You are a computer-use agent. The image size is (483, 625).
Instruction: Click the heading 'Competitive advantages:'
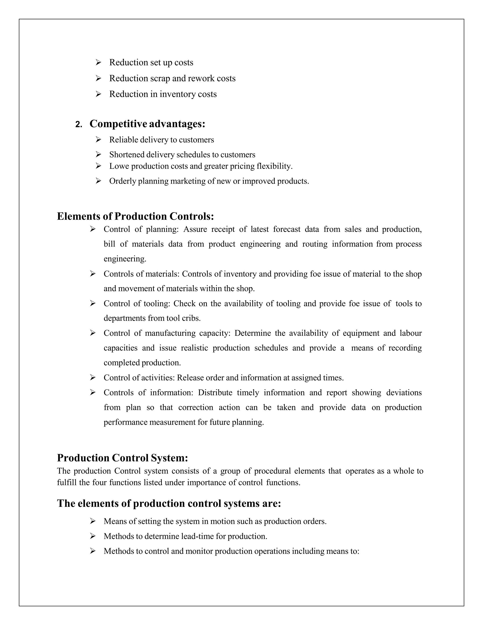(x=147, y=124)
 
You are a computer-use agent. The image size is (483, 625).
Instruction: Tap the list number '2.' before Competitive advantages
(x=79, y=125)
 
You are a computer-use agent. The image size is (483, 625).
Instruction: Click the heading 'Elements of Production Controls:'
(x=135, y=216)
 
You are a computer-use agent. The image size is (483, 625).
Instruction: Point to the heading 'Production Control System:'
(x=122, y=458)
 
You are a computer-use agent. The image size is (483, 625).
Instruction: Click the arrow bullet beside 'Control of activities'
(x=93, y=377)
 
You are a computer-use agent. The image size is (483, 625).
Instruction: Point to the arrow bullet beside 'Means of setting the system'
(x=93, y=521)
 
